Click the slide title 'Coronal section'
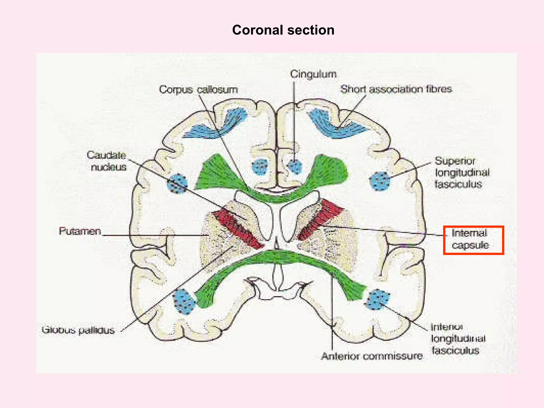pyautogui.click(x=283, y=30)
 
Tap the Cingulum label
pyautogui.click(x=313, y=74)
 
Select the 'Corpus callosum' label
pyautogui.click(x=198, y=90)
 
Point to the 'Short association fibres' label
pyautogui.click(x=396, y=89)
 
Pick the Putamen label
pyautogui.click(x=80, y=231)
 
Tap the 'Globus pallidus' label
pyautogui.click(x=78, y=330)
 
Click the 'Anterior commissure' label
pyautogui.click(x=372, y=356)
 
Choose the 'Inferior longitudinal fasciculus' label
pyautogui.click(x=458, y=339)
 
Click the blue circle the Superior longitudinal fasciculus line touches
pyautogui.click(x=380, y=181)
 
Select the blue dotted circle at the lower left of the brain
pyautogui.click(x=184, y=301)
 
